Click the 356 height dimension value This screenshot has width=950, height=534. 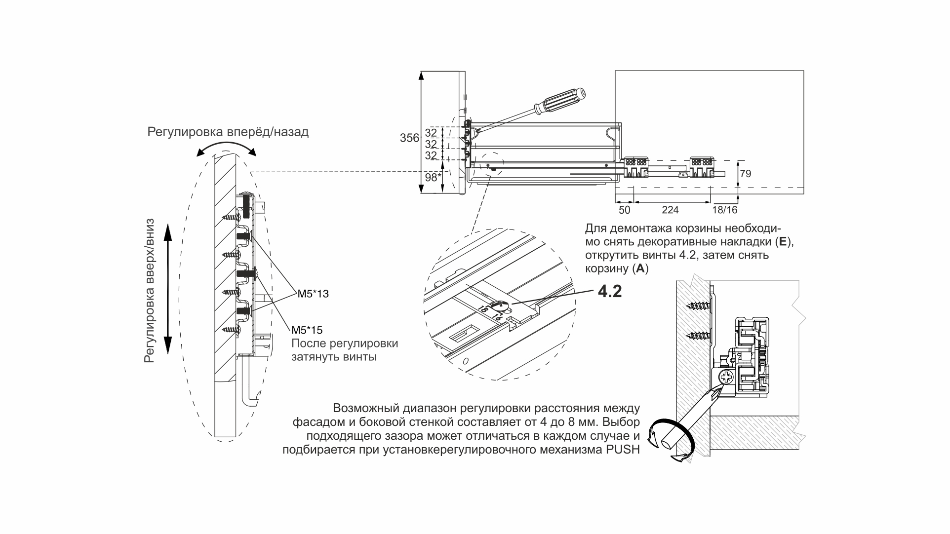point(409,138)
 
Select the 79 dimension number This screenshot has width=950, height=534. point(746,174)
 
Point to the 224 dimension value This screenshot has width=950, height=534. point(670,210)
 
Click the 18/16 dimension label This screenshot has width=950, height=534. point(725,210)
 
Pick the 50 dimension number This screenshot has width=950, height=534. point(625,210)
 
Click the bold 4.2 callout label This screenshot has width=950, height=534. point(610,292)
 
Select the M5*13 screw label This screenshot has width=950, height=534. point(313,294)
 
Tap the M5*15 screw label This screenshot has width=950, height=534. point(307,330)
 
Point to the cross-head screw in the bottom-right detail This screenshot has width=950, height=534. point(727,380)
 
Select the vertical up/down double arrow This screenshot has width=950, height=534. point(167,288)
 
